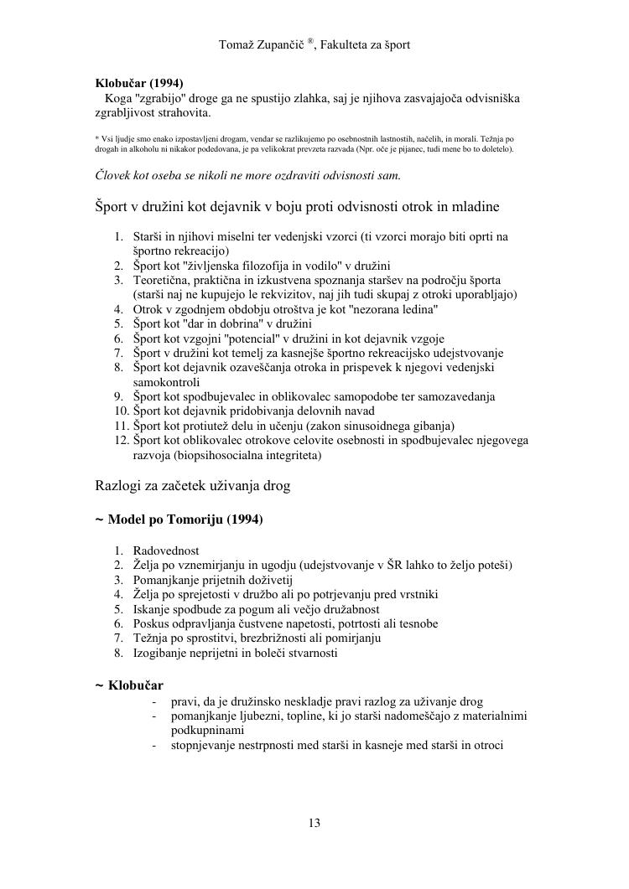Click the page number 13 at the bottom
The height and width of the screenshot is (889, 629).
314,823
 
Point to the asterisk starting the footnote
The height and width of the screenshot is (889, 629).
96,137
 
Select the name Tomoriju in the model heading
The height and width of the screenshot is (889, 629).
193,520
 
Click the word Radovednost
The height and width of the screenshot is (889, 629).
166,550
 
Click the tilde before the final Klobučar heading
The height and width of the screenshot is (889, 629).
100,685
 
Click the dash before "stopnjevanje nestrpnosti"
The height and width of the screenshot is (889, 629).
155,744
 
